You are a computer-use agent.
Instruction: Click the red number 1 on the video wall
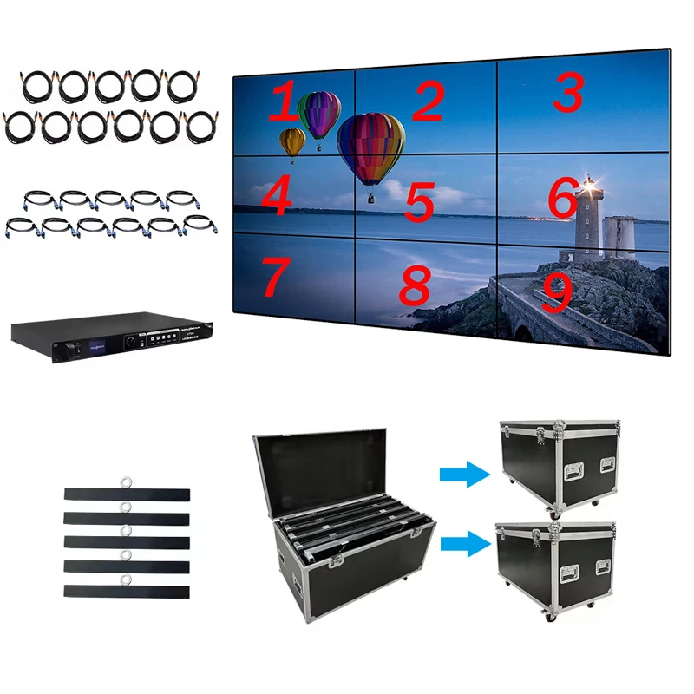click(x=283, y=103)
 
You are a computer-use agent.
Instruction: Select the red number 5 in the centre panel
click(x=419, y=200)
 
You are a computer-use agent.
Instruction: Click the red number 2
click(x=427, y=101)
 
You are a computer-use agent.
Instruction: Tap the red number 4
click(x=275, y=197)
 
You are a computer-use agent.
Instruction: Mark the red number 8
click(x=416, y=285)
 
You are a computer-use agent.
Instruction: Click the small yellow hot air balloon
click(x=292, y=141)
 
